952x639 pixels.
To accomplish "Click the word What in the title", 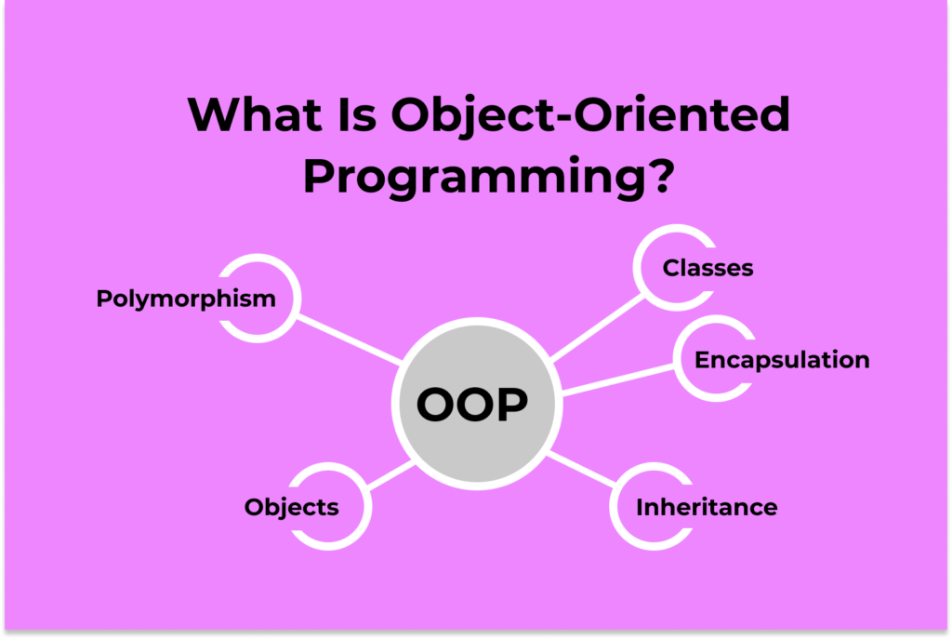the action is click(x=255, y=113).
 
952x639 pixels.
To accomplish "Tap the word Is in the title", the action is click(x=356, y=113).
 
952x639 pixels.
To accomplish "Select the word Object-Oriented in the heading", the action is click(x=590, y=114).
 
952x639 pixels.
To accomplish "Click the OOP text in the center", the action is click(x=472, y=404).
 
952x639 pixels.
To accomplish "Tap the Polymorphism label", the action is click(x=186, y=299).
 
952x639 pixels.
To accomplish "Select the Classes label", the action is click(x=707, y=268).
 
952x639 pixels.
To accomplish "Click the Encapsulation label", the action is click(x=782, y=360).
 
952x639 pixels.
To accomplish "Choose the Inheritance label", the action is click(x=707, y=507).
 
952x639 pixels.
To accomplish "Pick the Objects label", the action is click(x=291, y=507).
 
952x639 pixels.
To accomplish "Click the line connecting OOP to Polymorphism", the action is click(x=349, y=339).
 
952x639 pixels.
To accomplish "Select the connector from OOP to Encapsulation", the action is click(x=618, y=380).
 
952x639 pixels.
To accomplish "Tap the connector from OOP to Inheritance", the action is click(x=582, y=470).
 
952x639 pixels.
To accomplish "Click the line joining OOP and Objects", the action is click(x=391, y=475).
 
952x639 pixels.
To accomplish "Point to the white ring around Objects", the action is click(x=368, y=507).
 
